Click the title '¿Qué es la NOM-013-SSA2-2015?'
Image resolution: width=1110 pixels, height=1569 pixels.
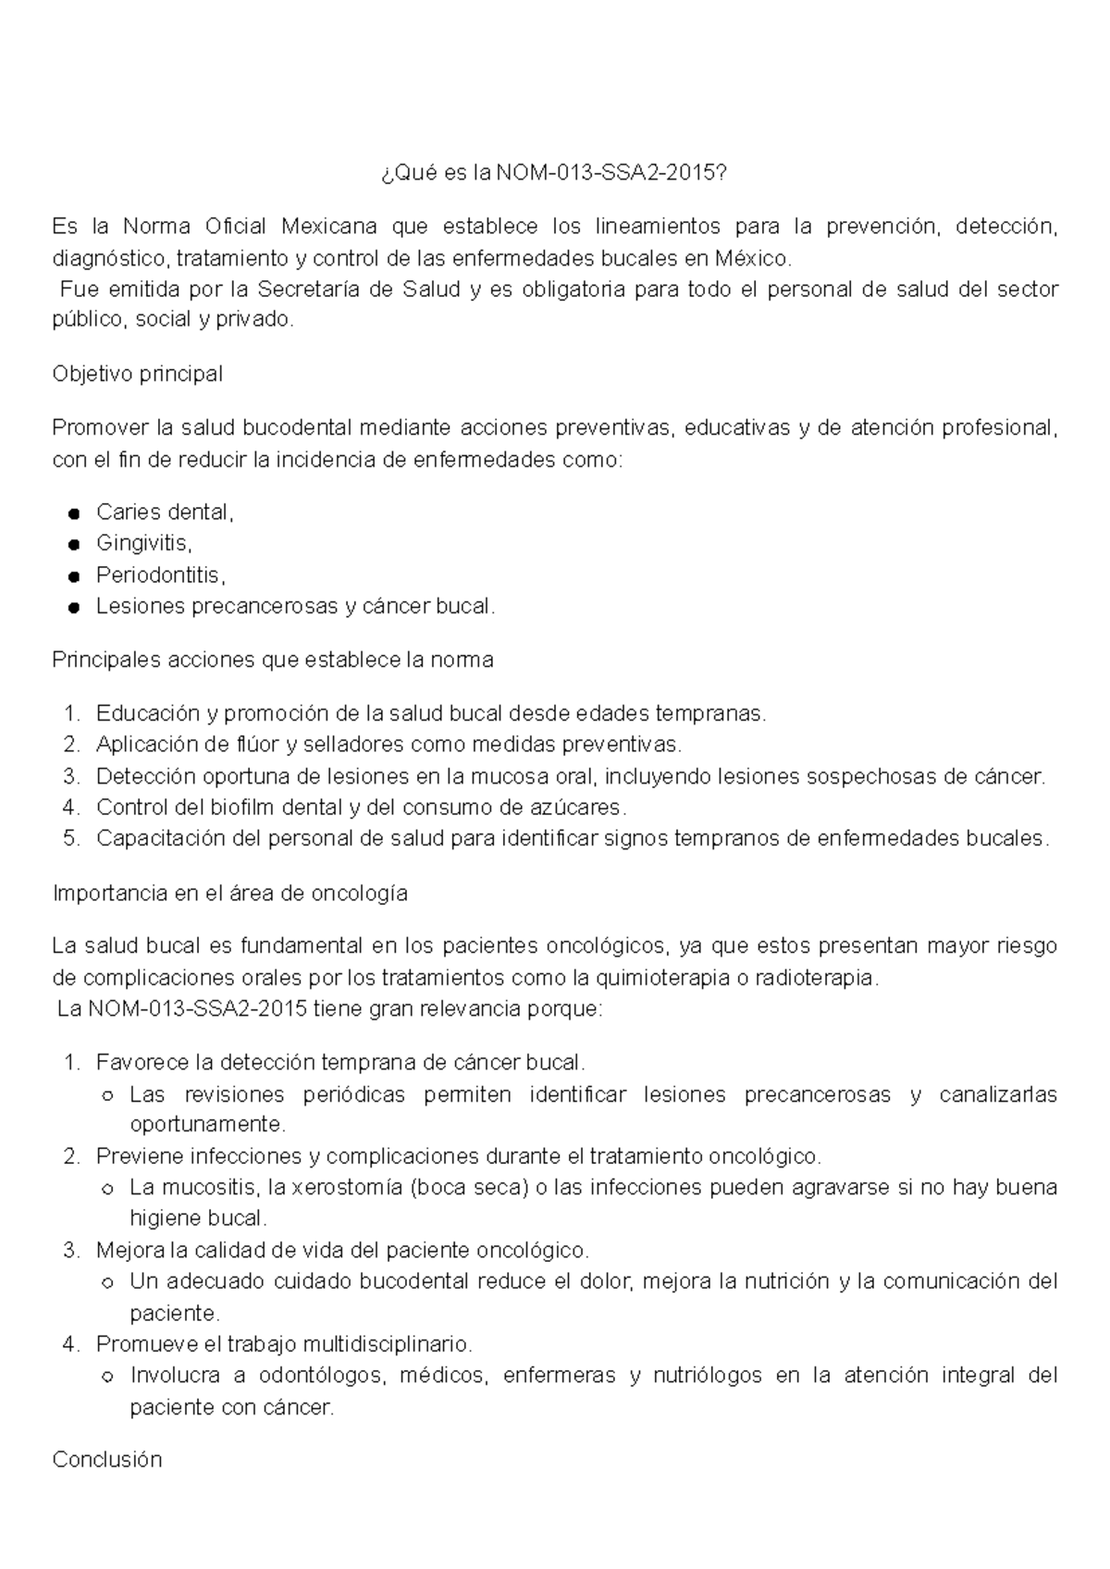coord(554,173)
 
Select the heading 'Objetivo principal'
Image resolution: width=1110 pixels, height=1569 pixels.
coord(138,375)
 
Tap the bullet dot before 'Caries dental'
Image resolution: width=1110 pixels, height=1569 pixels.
coord(74,514)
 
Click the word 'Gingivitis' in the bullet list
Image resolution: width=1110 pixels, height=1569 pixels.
coord(142,544)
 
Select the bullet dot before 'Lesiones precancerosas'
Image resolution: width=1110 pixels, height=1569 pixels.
coord(74,609)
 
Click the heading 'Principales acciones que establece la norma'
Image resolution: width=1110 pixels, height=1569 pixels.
coord(273,661)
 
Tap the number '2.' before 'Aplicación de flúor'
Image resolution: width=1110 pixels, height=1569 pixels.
coord(72,745)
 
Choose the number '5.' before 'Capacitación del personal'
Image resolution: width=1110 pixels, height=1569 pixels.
coord(72,839)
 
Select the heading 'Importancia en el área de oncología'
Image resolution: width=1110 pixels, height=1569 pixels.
coord(230,895)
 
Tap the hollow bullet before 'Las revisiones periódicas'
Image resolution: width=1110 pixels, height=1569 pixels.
coord(107,1096)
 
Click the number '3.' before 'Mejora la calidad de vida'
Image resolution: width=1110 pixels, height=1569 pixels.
coord(72,1251)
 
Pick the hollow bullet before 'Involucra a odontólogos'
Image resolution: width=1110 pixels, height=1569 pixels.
coord(107,1378)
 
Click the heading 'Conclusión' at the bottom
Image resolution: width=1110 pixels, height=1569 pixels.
coord(107,1461)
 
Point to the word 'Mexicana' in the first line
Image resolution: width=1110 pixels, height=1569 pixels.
coord(329,227)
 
